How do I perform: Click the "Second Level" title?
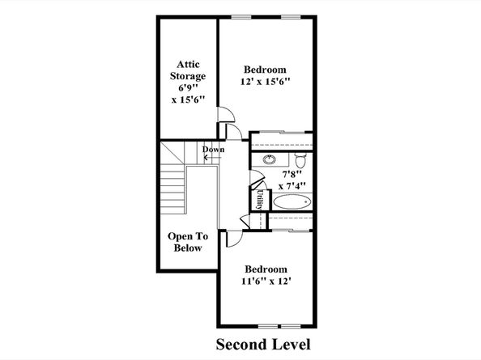(263, 345)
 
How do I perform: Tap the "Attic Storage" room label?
(188, 70)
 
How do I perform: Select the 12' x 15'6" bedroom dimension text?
(265, 82)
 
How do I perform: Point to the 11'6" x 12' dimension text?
(266, 281)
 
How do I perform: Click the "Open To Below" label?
(188, 242)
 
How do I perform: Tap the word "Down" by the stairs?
(213, 150)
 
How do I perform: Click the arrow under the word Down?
(213, 158)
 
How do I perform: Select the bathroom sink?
(270, 159)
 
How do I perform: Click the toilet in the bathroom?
(300, 160)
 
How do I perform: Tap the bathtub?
(292, 202)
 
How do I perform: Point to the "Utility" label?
(259, 200)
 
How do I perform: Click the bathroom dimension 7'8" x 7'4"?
(292, 180)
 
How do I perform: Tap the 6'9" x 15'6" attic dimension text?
(188, 94)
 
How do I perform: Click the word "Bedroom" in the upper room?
(265, 70)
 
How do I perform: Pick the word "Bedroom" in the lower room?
(266, 269)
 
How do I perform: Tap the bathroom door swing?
(258, 179)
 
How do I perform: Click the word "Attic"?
(188, 65)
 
